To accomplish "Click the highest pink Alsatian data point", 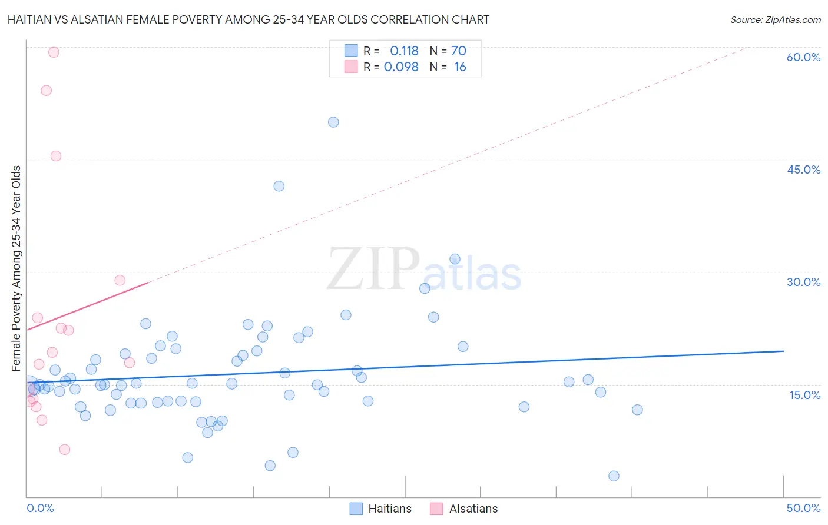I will click(54, 52).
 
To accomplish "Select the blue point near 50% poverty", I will click(333, 122).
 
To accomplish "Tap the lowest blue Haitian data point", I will click(614, 476).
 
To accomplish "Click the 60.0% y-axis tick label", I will click(803, 57).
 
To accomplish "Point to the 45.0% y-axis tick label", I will click(803, 170).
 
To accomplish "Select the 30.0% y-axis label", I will click(803, 282).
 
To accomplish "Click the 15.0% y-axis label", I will click(804, 395).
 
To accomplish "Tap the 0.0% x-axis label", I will click(40, 508).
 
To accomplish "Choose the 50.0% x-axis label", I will click(803, 508).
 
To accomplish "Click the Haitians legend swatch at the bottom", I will click(356, 509).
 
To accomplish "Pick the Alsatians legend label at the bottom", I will click(473, 509).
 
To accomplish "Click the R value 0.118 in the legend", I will click(404, 51).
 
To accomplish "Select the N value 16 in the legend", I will click(460, 67).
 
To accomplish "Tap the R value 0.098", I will click(401, 67).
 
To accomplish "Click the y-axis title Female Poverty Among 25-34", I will click(16, 268).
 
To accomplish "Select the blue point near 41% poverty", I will click(279, 186).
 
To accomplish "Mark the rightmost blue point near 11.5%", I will click(637, 410).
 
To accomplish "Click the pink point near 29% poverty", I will click(120, 280).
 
